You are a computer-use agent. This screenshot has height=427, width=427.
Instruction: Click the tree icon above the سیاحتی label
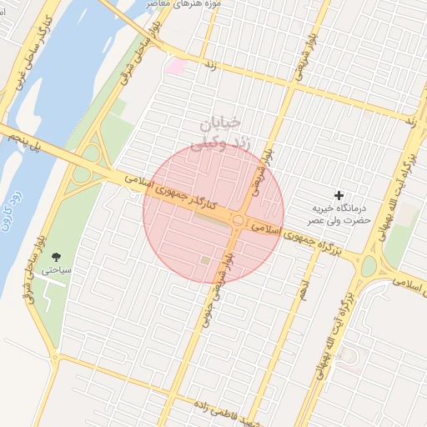coord(56,257)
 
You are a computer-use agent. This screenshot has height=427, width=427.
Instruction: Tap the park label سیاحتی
coord(61,271)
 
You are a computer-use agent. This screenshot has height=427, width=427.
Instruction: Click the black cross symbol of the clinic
coord(339,194)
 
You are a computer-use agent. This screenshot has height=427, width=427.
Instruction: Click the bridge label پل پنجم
coord(24,143)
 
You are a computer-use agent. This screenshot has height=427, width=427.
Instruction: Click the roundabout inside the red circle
coord(238,221)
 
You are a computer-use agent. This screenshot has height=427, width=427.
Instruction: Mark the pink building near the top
coord(176,66)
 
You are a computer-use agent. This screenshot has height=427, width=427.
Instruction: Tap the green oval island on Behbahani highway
coord(369,266)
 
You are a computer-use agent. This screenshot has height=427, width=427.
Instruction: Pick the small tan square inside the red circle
coord(205,261)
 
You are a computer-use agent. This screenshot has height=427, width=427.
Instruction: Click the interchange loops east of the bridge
coord(87,163)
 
